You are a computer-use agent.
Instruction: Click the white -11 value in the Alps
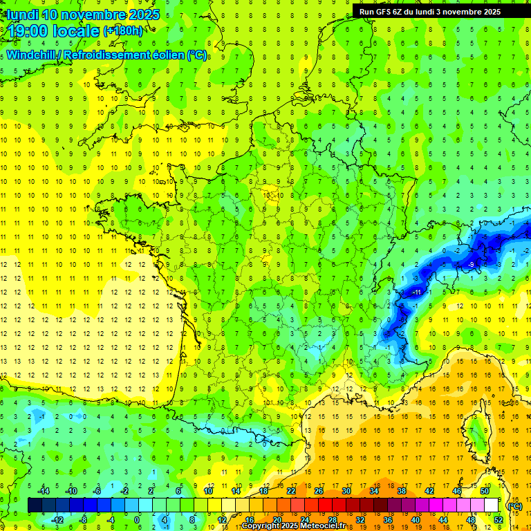point(416,292)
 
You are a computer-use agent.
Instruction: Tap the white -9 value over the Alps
point(471,264)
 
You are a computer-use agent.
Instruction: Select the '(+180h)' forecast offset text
point(123,30)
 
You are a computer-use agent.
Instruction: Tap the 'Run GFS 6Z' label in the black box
point(384,11)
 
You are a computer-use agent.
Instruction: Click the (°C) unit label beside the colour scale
point(514,505)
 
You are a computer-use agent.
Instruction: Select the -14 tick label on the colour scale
point(44,491)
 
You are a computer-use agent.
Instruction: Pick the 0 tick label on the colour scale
point(137,520)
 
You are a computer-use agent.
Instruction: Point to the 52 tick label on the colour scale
point(499,520)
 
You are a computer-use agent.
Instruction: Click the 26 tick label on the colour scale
point(318,491)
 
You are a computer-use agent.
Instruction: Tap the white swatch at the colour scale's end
point(491,505)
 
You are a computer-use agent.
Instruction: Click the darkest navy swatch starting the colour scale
point(35,505)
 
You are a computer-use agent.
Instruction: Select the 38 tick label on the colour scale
point(401,491)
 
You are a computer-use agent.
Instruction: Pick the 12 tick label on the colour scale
point(221,520)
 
